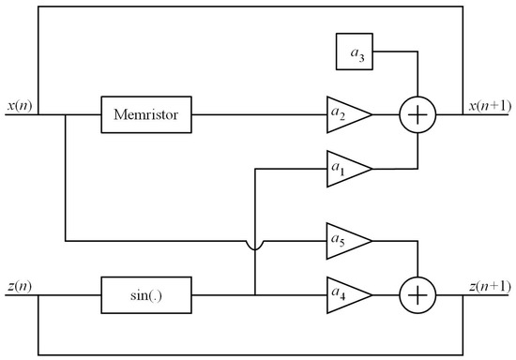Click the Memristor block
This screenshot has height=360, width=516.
tap(145, 116)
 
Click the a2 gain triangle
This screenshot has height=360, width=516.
tap(344, 116)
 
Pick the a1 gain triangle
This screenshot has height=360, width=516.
tap(344, 170)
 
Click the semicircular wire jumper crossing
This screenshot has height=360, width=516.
tap(254, 247)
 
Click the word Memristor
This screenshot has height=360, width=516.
tap(145, 116)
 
